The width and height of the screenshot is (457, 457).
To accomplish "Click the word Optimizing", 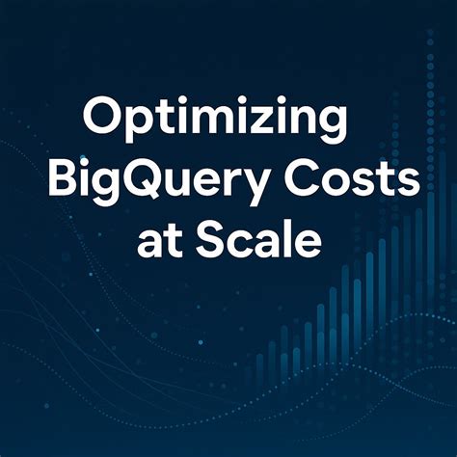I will (x=215, y=124).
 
